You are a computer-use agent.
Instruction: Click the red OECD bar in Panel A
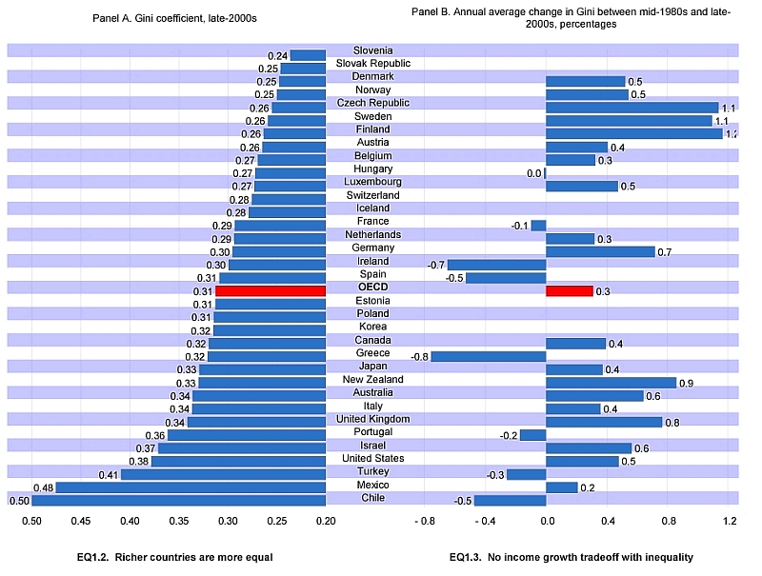tap(271, 291)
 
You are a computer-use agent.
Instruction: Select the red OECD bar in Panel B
tap(569, 291)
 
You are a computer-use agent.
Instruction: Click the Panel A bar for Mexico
tap(190, 487)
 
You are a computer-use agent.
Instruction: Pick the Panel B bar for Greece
tap(489, 357)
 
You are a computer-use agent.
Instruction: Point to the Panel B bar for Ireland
tap(496, 265)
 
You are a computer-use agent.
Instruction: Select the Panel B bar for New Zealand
tap(611, 383)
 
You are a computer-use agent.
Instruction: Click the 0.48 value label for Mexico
tap(44, 487)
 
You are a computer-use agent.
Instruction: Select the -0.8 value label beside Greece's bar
tap(419, 357)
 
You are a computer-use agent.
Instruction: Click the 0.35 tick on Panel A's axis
tap(179, 521)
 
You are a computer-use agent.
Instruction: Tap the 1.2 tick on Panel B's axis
tap(730, 521)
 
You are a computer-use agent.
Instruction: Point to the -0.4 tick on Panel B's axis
tap(485, 521)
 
